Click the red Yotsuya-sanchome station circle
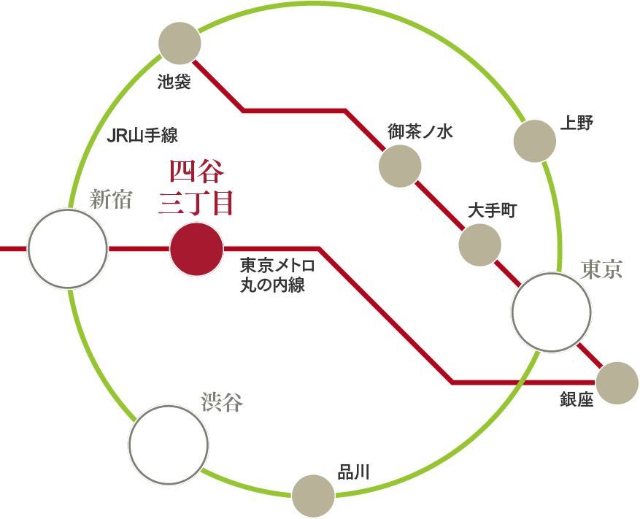tap(196, 249)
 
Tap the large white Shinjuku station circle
tap(66, 248)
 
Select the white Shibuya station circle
tap(169, 445)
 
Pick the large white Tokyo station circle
tap(551, 312)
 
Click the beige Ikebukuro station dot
tap(180, 43)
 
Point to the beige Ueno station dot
tap(536, 142)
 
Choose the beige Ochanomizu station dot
tap(400, 165)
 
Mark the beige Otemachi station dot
tap(480, 245)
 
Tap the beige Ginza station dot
tap(617, 383)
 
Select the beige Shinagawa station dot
tap(313, 496)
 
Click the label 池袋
tap(174, 82)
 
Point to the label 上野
tap(577, 123)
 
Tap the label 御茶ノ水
tap(420, 131)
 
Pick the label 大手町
tap(492, 211)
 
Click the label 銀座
tap(577, 400)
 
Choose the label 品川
tap(353, 472)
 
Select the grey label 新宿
tap(110, 199)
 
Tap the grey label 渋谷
tap(222, 401)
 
